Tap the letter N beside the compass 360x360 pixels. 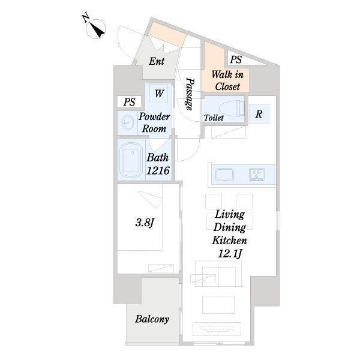(x=85, y=18)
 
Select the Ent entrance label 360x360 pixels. (x=157, y=61)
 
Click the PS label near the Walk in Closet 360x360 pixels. (x=236, y=59)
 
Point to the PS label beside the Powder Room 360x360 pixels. (x=129, y=102)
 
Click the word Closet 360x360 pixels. (x=227, y=86)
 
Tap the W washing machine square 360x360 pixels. (x=160, y=94)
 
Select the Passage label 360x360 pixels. (x=190, y=94)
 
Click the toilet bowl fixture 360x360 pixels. (x=232, y=109)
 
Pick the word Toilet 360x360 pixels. (x=214, y=118)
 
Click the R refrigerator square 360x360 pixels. (x=259, y=114)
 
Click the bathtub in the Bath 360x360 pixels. (x=130, y=160)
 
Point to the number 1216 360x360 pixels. (x=158, y=170)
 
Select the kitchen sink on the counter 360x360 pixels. (x=225, y=175)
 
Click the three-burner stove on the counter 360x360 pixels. (x=257, y=175)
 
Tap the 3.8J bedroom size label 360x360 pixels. (x=145, y=223)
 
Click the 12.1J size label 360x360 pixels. (x=230, y=254)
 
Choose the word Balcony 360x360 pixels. (x=152, y=319)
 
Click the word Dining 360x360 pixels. (x=230, y=227)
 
